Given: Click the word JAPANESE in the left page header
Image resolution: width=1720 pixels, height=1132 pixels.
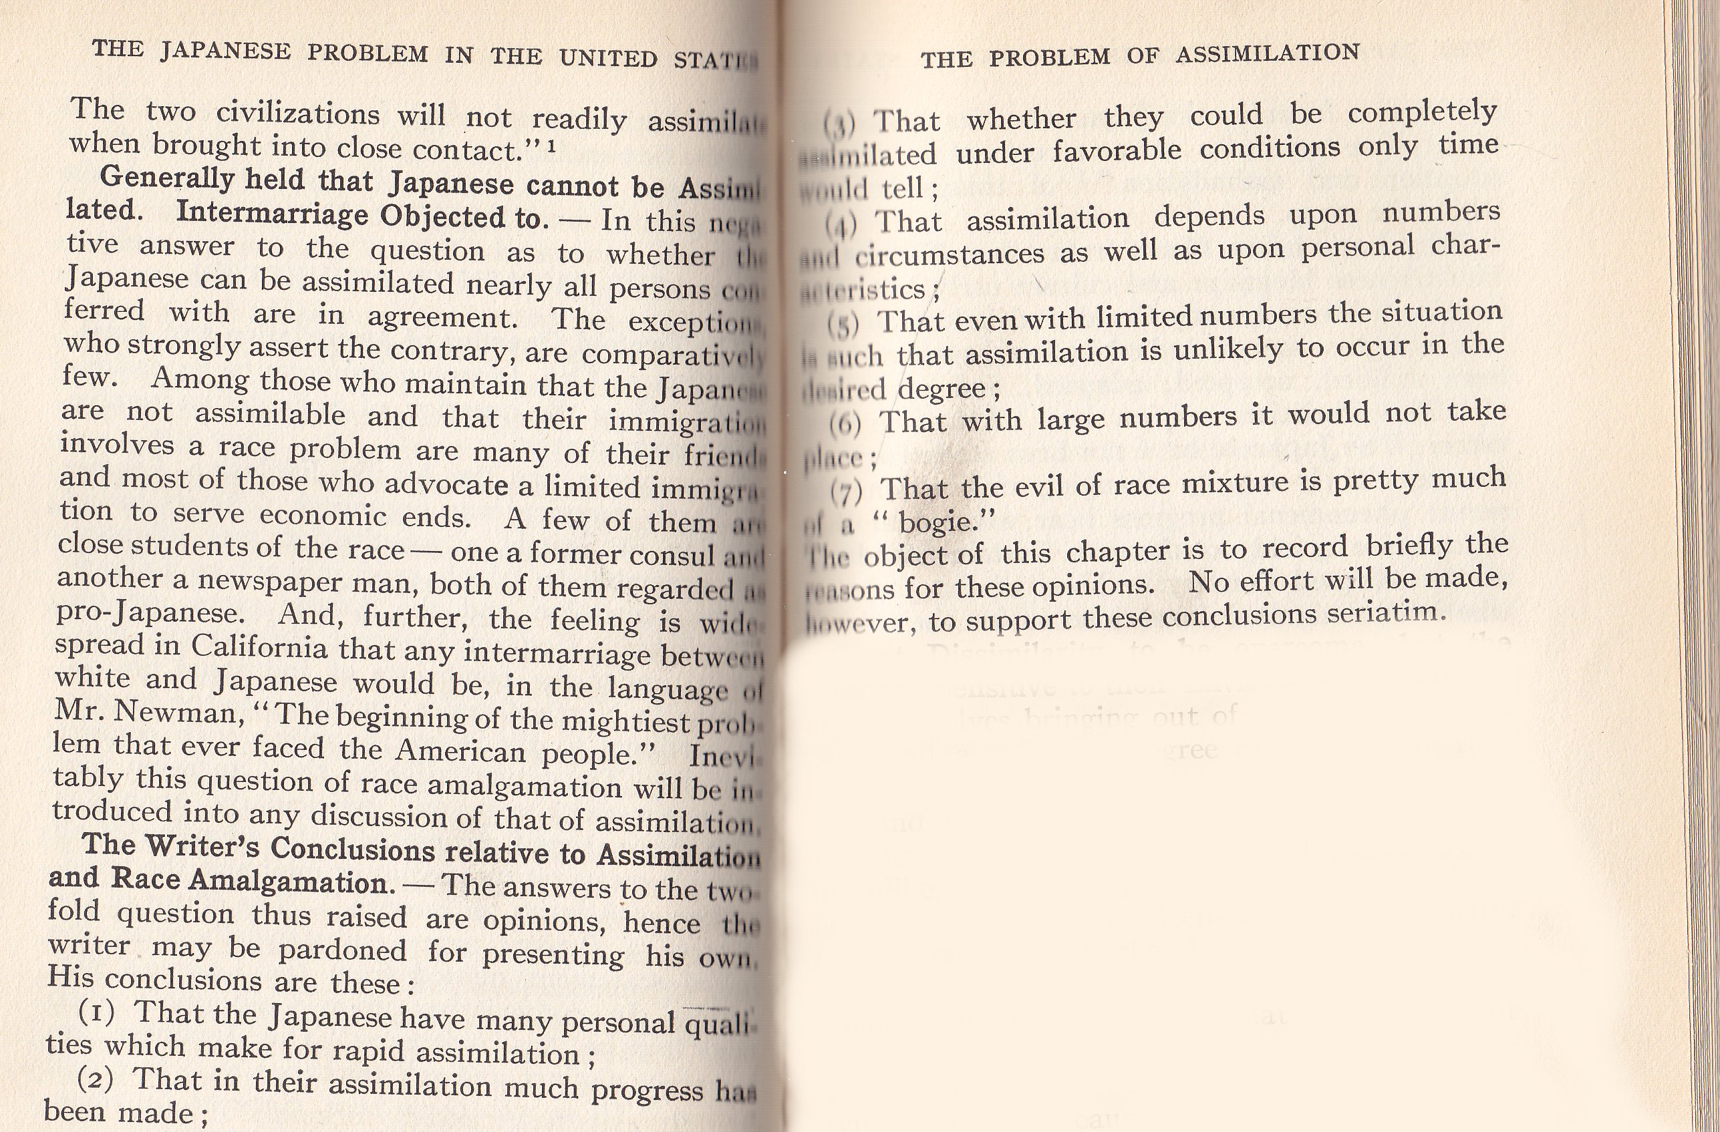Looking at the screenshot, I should (225, 51).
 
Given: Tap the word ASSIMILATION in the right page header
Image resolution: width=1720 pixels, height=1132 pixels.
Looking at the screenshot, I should (1268, 53).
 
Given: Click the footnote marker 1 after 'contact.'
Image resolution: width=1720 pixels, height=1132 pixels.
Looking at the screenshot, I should (552, 148).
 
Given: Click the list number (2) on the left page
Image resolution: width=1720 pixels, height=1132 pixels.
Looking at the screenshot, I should (96, 1079).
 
